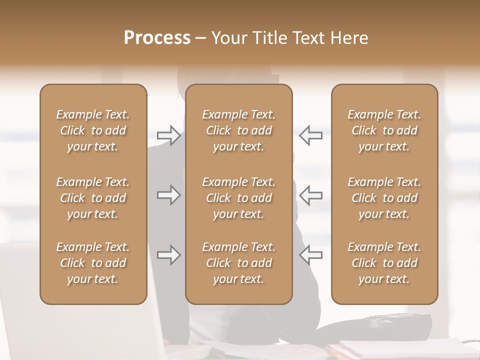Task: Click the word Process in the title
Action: point(157,38)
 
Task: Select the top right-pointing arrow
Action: point(168,135)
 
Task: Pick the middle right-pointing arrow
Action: point(168,195)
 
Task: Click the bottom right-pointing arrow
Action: point(168,255)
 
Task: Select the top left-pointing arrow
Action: point(310,135)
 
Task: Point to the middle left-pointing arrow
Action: point(310,195)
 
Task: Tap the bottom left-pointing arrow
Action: point(310,255)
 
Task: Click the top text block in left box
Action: point(93,130)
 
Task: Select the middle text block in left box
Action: point(93,198)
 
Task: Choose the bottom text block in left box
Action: point(93,263)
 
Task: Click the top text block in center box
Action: point(238,130)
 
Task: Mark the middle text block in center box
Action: point(238,198)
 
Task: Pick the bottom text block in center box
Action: point(238,263)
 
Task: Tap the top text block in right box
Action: point(384,130)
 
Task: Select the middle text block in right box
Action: point(384,198)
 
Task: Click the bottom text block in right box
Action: point(384,263)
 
